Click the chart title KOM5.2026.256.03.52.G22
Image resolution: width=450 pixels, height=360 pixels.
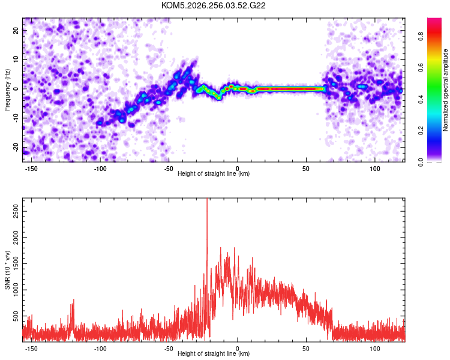[x=213, y=5]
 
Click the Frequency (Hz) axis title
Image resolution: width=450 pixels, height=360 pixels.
[x=7, y=90]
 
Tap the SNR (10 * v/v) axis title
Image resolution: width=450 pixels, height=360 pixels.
[x=7, y=270]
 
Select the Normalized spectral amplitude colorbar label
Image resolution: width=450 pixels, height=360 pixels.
[x=445, y=90]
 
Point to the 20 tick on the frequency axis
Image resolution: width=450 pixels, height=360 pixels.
[x=16, y=30]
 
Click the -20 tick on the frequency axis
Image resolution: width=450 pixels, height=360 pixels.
[x=16, y=148]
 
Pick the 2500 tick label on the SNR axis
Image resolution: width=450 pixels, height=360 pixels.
[x=16, y=211]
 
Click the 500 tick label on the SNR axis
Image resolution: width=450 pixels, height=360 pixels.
[x=16, y=316]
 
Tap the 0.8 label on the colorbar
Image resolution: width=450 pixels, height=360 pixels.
[x=421, y=37]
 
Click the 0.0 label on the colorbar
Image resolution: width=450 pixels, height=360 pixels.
[x=421, y=162]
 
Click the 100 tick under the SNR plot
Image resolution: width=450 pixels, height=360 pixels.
[x=375, y=349]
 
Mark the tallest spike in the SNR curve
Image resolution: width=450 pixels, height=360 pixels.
[x=207, y=201]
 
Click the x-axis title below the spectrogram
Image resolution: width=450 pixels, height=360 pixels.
[x=214, y=173]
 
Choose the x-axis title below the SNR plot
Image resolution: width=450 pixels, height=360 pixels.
[x=214, y=353]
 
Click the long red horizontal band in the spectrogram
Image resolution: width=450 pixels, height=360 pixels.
[x=290, y=89]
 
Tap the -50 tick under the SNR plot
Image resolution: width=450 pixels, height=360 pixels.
[x=169, y=349]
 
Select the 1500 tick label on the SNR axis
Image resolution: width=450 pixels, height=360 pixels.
[x=16, y=263]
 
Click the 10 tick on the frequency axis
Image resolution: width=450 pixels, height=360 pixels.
[x=16, y=59]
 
